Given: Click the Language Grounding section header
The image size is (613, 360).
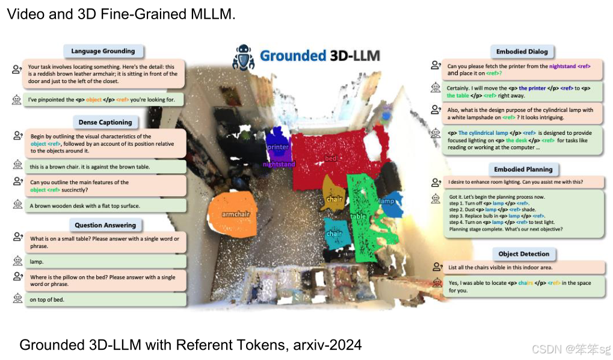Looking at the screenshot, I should pyautogui.click(x=103, y=51).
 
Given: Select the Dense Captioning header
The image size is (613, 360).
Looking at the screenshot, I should pyautogui.click(x=105, y=122).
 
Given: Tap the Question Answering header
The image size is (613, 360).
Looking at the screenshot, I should pyautogui.click(x=105, y=225).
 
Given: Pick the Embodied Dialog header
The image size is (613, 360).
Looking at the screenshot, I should pyautogui.click(x=522, y=51).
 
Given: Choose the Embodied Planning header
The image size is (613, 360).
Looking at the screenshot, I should pyautogui.click(x=523, y=169).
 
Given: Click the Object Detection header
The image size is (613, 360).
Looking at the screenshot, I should pyautogui.click(x=523, y=253).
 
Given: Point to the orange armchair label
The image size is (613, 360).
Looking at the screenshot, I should pyautogui.click(x=235, y=214).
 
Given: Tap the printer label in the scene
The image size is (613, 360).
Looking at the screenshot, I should pyautogui.click(x=278, y=146).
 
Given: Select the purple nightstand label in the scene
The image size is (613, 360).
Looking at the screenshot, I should pyautogui.click(x=278, y=164).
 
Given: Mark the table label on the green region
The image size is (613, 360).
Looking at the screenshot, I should pyautogui.click(x=359, y=216).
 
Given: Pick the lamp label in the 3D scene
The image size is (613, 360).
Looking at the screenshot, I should pyautogui.click(x=386, y=200).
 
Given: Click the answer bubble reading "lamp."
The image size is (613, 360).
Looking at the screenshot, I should pyautogui.click(x=105, y=262).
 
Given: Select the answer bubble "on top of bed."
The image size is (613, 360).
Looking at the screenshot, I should pyautogui.click(x=105, y=299).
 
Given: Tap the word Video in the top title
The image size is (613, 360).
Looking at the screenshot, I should pyautogui.click(x=21, y=14).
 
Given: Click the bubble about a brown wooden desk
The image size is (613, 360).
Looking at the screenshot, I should pyautogui.click(x=105, y=206).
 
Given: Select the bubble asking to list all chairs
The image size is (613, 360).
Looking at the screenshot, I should pyautogui.click(x=523, y=267).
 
